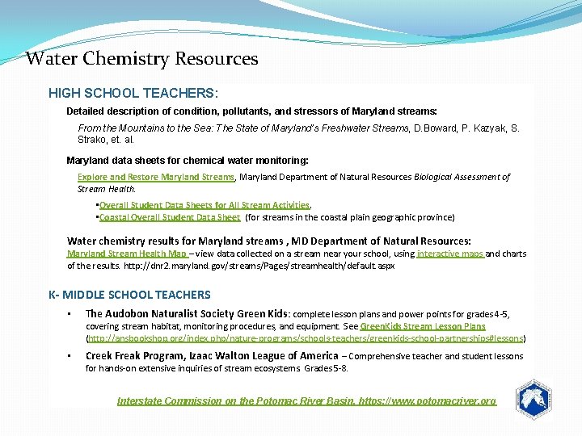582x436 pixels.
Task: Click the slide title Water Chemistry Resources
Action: click(x=141, y=59)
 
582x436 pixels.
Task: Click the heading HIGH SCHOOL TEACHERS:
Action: click(x=133, y=94)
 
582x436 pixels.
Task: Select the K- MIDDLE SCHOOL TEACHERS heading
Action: click(x=129, y=295)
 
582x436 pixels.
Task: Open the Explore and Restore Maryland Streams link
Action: click(x=155, y=177)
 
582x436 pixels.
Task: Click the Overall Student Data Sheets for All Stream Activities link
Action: click(x=204, y=205)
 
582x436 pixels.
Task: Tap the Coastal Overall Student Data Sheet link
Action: click(x=169, y=217)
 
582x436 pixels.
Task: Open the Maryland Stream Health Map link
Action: click(x=126, y=254)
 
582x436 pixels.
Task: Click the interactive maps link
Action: click(x=450, y=254)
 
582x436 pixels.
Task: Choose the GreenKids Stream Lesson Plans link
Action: click(x=423, y=326)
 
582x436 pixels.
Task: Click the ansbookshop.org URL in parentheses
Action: click(x=305, y=338)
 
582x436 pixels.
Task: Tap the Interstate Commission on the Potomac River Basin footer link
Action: click(x=306, y=400)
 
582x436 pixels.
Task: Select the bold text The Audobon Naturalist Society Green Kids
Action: click(x=187, y=313)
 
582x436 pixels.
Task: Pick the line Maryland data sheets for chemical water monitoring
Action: click(x=187, y=161)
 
